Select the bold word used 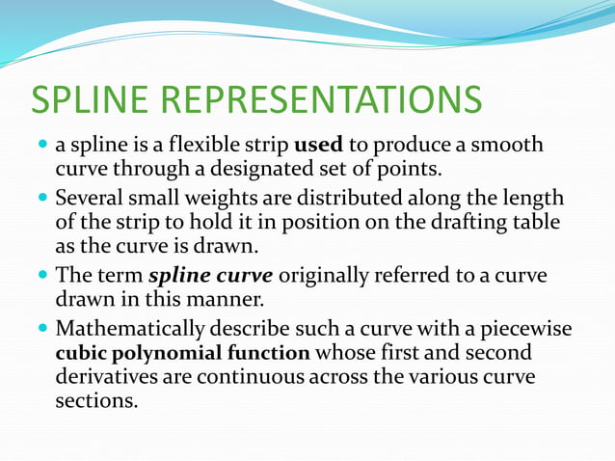(x=318, y=146)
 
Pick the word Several (x=91, y=200)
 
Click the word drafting (x=450, y=224)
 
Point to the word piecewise (x=528, y=329)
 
